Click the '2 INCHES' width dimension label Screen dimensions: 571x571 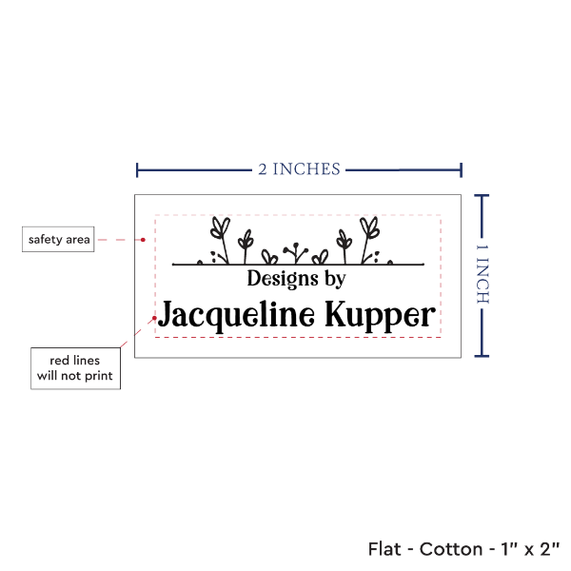300,169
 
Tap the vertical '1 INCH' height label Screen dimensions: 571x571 482,274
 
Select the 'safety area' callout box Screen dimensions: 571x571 58,239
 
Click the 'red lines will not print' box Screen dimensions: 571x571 75,368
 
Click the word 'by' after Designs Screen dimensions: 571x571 335,279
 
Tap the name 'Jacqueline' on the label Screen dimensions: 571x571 237,315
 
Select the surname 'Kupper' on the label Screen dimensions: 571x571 380,316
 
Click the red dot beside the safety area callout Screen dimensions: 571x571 143,240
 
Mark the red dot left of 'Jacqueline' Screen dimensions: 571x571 154,318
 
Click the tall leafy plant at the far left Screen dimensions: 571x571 221,240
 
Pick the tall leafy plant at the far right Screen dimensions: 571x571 369,240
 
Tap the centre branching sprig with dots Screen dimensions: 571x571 296,253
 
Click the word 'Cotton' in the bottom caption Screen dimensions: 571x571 451,549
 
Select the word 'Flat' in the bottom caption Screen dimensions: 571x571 384,549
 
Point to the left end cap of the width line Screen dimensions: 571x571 137,170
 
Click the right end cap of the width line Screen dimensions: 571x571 461,170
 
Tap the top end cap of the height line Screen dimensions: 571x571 482,196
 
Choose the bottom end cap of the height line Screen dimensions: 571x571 482,356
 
